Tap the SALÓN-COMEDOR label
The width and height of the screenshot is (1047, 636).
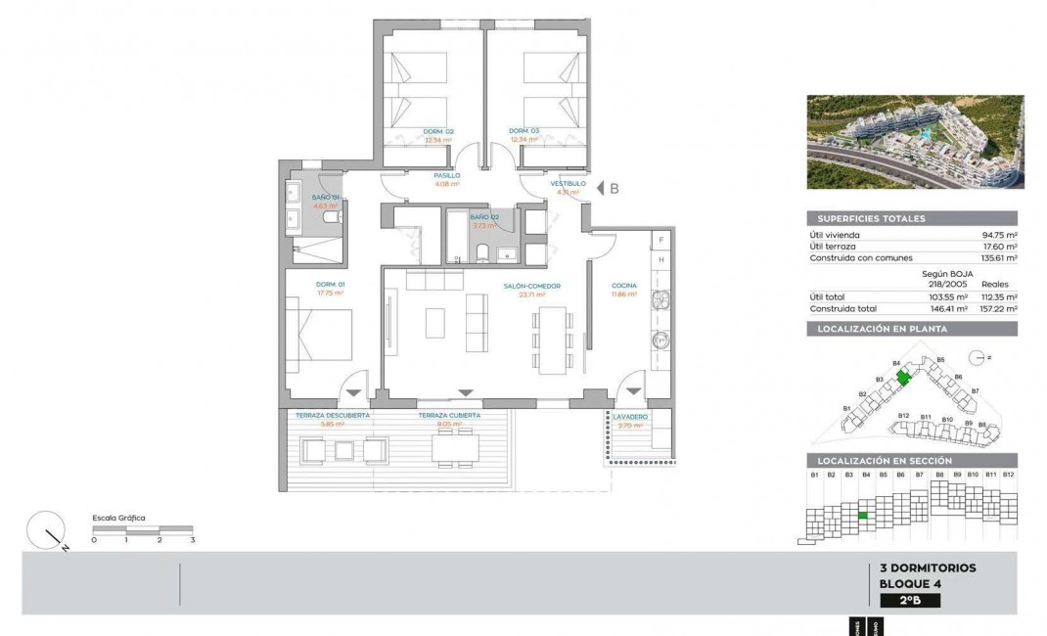click(x=531, y=286)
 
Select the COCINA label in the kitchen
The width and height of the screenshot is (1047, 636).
click(x=624, y=286)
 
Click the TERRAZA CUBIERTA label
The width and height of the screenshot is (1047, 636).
click(x=449, y=415)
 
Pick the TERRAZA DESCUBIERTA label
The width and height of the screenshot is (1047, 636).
click(x=333, y=415)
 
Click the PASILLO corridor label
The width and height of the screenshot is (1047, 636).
click(x=447, y=175)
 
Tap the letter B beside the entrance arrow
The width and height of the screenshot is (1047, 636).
click(x=615, y=190)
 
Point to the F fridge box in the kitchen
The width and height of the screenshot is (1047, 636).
click(x=661, y=240)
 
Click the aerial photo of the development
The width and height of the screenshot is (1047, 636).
click(x=915, y=142)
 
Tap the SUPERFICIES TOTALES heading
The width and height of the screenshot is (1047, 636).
click(x=867, y=219)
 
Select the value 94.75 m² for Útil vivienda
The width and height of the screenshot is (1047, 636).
click(x=998, y=235)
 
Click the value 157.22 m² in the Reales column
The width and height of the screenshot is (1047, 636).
click(x=998, y=308)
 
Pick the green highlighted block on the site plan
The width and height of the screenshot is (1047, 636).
click(x=904, y=374)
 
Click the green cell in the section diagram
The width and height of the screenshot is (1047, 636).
click(x=863, y=515)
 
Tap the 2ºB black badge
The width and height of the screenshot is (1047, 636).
click(x=910, y=601)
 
